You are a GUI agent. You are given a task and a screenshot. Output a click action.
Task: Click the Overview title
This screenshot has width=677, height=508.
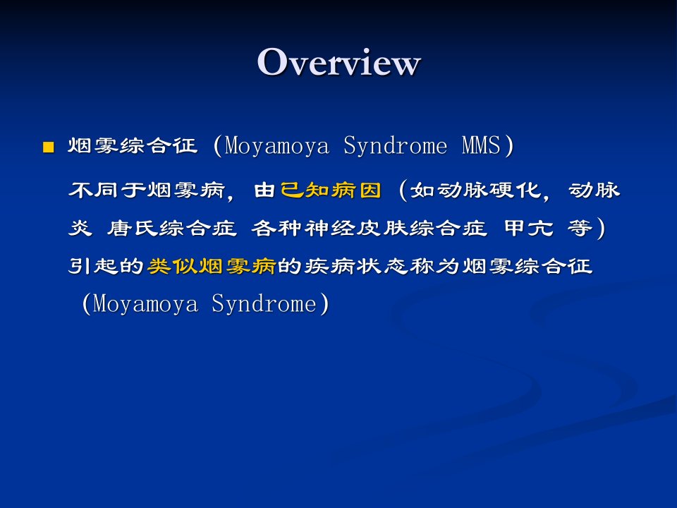click(x=338, y=62)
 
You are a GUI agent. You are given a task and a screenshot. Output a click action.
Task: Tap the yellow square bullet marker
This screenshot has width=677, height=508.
click(x=49, y=147)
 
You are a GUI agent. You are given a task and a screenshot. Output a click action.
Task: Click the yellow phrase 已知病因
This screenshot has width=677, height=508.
click(x=331, y=190)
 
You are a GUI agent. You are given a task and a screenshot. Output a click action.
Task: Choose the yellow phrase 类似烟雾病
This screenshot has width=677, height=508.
click(x=211, y=266)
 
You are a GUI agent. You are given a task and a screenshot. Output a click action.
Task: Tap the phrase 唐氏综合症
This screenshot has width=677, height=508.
click(x=172, y=228)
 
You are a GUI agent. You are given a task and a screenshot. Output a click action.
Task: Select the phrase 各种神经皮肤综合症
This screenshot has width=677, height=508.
click(x=369, y=228)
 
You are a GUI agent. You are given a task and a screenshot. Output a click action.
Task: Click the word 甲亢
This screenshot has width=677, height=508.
click(x=529, y=228)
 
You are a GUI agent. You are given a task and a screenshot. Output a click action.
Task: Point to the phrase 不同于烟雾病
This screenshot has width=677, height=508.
click(x=147, y=190)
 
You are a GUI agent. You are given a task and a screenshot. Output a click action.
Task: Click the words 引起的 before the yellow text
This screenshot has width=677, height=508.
click(x=106, y=266)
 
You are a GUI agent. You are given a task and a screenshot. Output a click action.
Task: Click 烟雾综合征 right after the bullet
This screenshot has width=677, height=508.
click(x=133, y=145)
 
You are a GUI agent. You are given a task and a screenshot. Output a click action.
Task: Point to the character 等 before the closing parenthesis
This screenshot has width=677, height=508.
click(x=580, y=228)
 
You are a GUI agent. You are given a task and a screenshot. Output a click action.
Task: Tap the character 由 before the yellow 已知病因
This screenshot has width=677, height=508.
click(x=264, y=190)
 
